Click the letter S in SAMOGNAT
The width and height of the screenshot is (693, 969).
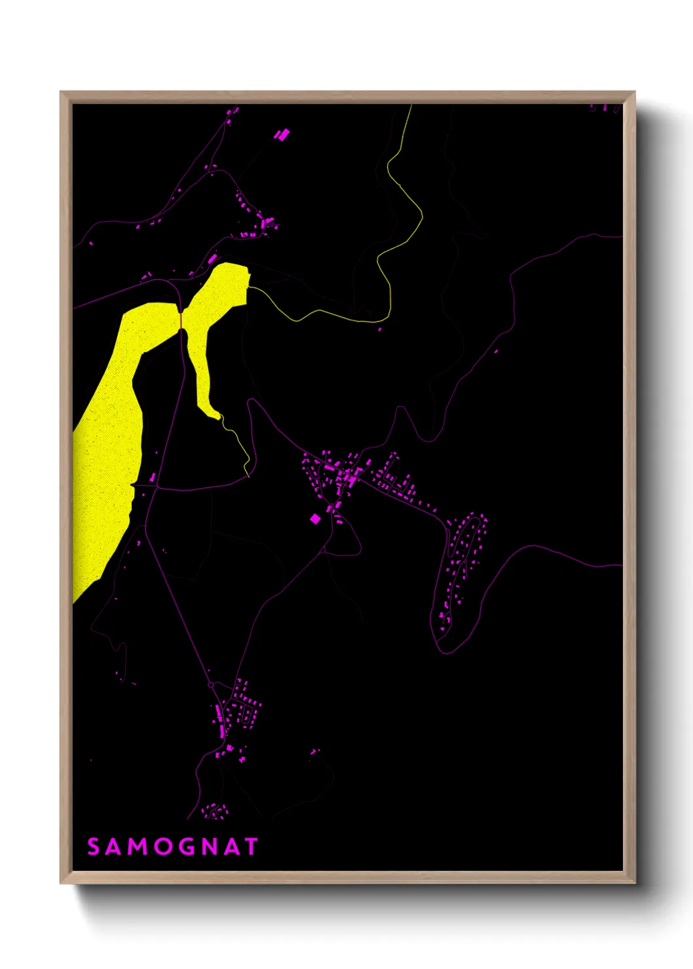(94, 847)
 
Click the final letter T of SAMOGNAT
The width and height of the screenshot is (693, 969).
(251, 847)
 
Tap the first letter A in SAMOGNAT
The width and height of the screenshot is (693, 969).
(115, 847)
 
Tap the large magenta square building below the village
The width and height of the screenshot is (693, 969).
(315, 519)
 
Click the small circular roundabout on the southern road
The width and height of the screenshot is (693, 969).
(211, 685)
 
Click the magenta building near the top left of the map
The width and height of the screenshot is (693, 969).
(282, 136)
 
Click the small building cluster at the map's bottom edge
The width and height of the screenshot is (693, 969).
(215, 813)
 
